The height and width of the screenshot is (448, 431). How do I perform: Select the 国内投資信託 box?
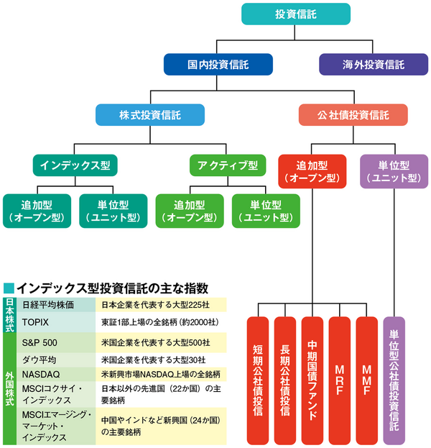(x=218, y=65)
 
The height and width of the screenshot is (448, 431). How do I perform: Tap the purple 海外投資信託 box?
(x=374, y=65)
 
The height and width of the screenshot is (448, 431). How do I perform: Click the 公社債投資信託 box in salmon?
(x=353, y=115)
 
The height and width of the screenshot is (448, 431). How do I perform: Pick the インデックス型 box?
(x=75, y=165)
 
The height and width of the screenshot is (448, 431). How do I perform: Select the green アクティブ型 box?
(x=223, y=165)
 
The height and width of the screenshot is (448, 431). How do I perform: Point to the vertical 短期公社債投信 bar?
(x=257, y=380)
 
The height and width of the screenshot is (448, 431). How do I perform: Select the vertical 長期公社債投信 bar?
(x=284, y=380)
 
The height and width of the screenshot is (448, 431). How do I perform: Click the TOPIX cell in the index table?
(x=56, y=321)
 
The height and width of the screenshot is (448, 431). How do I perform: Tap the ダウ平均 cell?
(x=56, y=358)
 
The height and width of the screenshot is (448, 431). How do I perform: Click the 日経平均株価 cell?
(x=56, y=304)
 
